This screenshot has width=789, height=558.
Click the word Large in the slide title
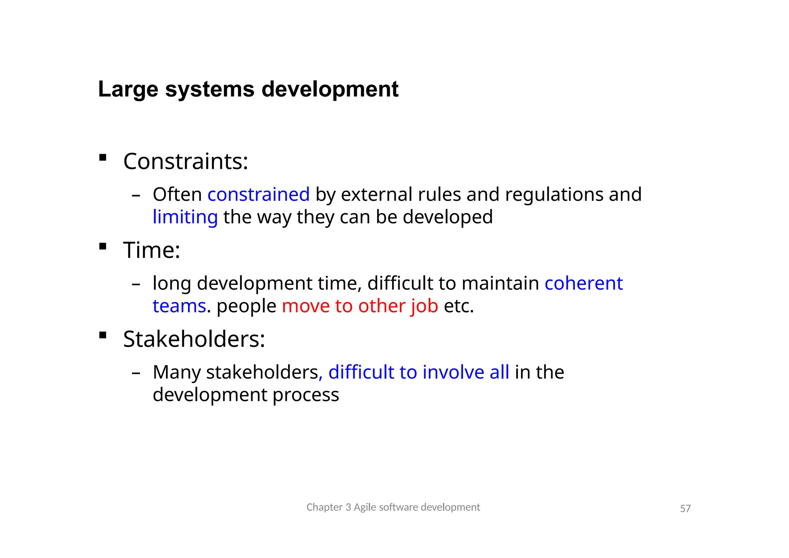click(128, 90)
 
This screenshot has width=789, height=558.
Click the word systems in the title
click(210, 90)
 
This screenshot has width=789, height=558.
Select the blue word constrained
click(259, 194)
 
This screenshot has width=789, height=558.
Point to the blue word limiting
click(185, 217)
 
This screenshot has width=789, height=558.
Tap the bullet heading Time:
click(151, 250)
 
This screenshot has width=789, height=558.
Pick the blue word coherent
click(584, 283)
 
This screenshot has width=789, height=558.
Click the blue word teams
click(179, 306)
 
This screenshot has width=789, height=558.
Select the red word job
click(424, 306)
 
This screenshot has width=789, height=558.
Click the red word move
click(306, 306)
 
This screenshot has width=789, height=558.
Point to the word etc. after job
click(458, 306)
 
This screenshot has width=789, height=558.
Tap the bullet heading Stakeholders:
click(194, 339)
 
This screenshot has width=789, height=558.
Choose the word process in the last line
click(306, 395)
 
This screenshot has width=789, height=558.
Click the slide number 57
click(685, 509)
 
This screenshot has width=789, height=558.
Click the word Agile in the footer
click(365, 507)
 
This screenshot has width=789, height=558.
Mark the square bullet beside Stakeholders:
click(103, 335)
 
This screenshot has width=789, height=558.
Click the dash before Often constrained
click(136, 195)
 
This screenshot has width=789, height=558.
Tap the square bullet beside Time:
click(103, 246)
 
